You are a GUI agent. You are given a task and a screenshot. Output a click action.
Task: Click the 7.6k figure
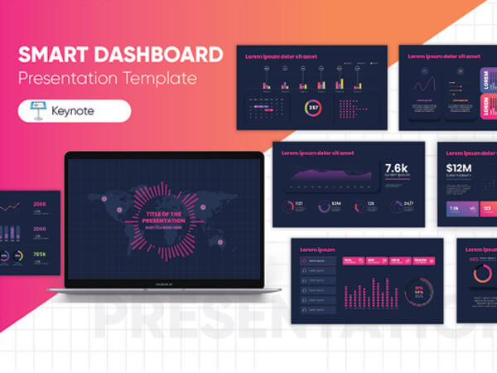[397, 168]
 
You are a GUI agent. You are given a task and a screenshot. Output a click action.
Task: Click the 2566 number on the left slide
[40, 203]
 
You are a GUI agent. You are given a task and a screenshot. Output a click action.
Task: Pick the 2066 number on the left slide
[40, 227]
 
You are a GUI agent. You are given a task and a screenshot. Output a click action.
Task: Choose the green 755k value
[40, 254]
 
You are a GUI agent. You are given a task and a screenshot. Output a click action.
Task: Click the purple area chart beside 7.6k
[331, 175]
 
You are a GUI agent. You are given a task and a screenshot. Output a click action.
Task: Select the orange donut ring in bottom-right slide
[482, 274]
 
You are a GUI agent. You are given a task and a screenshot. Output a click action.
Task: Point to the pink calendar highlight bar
[263, 107]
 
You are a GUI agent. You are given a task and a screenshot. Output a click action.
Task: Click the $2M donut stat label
[336, 204]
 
